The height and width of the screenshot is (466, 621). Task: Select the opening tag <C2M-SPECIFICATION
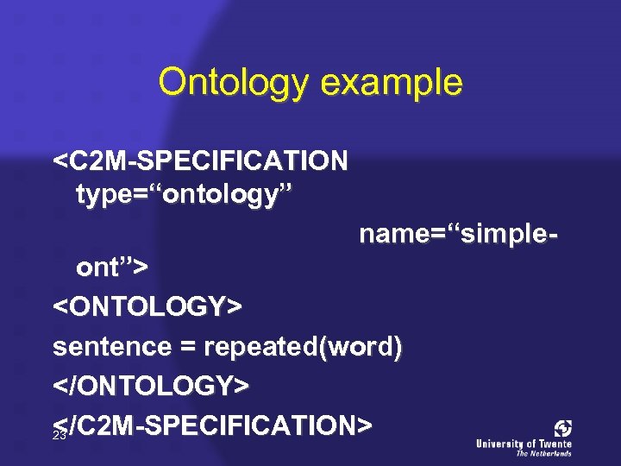click(x=201, y=161)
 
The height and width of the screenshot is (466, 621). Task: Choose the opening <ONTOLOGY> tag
click(x=147, y=306)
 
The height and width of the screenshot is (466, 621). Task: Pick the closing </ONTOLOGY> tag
click(x=151, y=387)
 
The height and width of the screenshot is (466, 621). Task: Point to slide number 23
click(x=60, y=437)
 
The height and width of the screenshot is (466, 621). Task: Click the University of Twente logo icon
click(x=563, y=428)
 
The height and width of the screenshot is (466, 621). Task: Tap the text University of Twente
click(x=524, y=444)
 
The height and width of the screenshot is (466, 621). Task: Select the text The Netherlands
click(x=543, y=453)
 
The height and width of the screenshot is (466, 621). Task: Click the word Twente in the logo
click(x=554, y=444)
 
